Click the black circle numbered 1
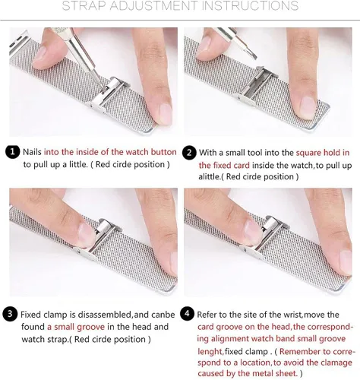12,152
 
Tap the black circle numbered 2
189,153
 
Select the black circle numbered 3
10,314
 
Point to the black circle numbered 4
187,314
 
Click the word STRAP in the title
84,5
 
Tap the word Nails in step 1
32,152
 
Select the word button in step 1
163,152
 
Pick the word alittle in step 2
209,176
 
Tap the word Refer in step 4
207,315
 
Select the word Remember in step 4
301,352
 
